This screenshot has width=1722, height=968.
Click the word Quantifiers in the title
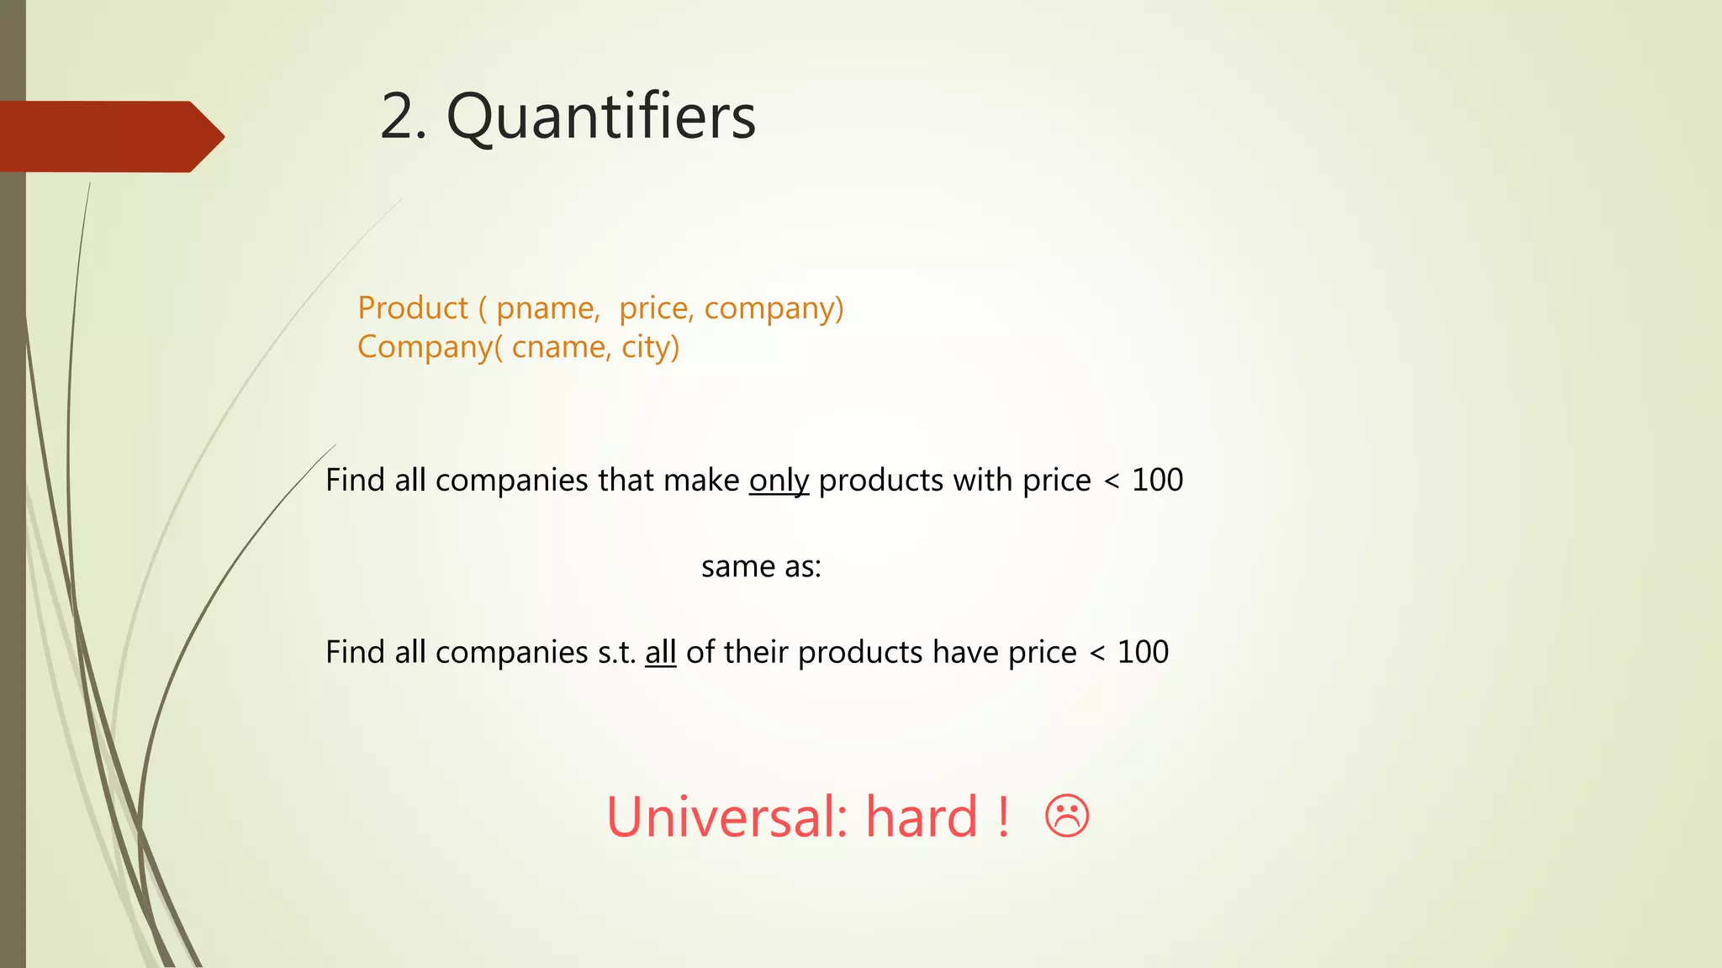(600, 117)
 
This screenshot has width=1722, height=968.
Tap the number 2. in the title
(403, 117)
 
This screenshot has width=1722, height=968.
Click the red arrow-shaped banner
(109, 137)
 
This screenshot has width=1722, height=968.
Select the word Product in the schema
(412, 308)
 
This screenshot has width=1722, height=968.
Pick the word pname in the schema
(546, 308)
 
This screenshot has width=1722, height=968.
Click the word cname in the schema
(559, 347)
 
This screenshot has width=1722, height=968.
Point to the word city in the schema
(650, 347)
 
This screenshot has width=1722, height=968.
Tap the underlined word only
(779, 481)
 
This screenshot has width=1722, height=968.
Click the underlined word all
(660, 652)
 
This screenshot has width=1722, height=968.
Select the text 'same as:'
(761, 567)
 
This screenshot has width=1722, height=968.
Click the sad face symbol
(1067, 816)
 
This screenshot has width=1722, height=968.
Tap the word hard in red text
(922, 817)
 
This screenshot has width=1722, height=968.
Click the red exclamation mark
(1003, 817)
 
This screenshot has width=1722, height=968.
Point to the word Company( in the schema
(430, 347)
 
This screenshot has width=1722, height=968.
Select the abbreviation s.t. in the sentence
(616, 652)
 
